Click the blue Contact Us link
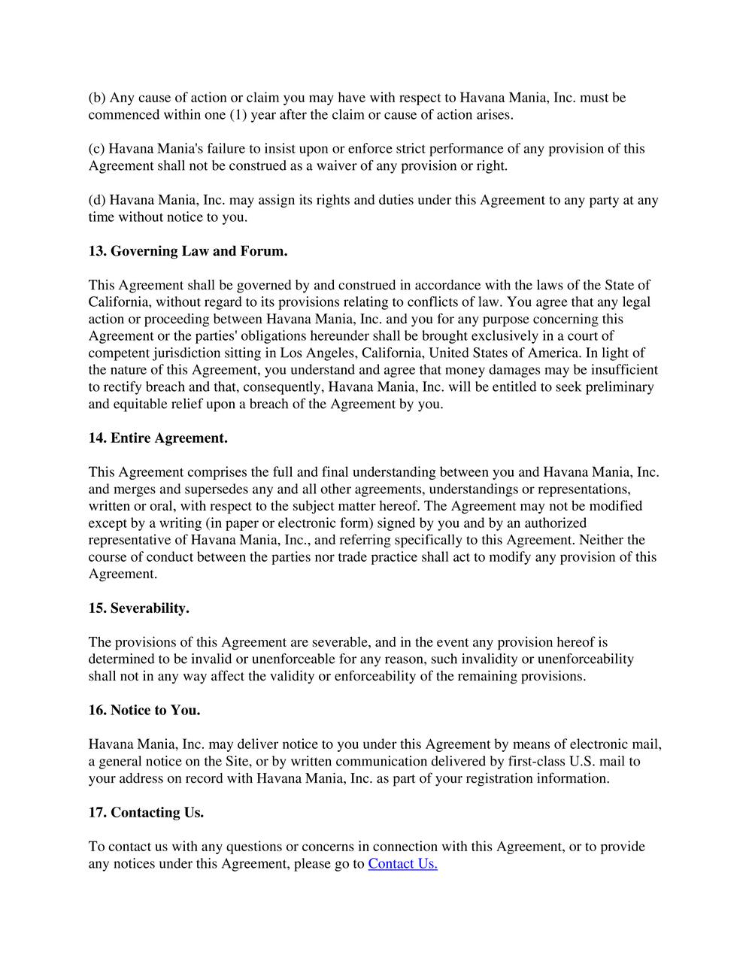pos(402,863)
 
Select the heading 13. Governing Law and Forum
pos(188,251)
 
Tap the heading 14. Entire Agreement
pos(158,438)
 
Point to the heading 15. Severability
pos(138,608)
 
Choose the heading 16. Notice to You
pos(144,710)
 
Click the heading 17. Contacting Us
pos(146,812)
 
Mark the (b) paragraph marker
pos(97,98)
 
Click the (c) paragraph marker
pos(97,149)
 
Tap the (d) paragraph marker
pos(97,200)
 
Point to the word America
pos(556,353)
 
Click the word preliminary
pos(616,386)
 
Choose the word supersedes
pos(172,489)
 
